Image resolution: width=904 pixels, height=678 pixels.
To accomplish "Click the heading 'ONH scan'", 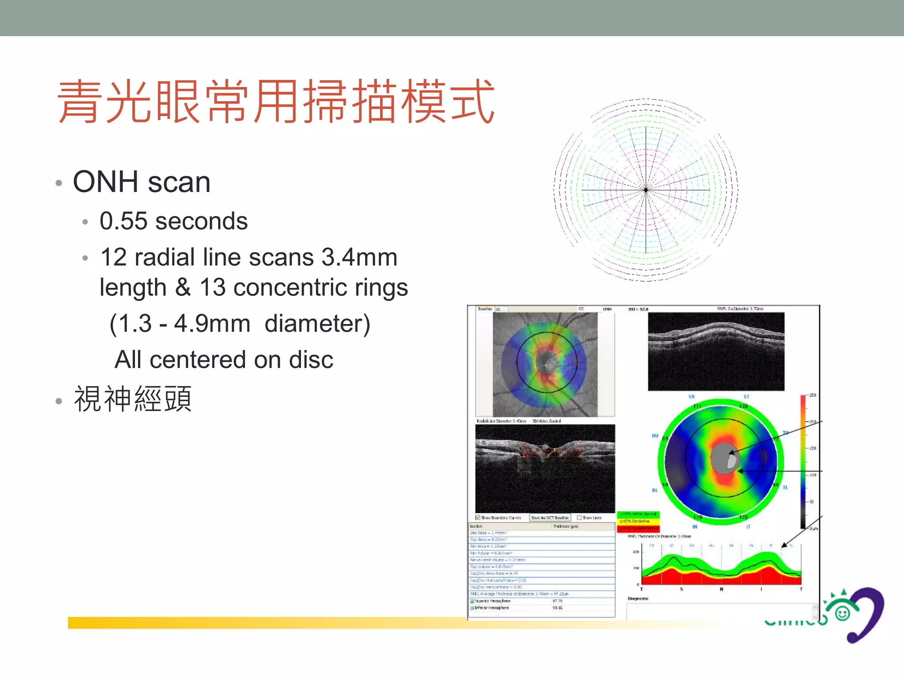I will pyautogui.click(x=141, y=182).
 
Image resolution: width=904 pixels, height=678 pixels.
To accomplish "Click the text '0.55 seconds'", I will pyautogui.click(x=173, y=221).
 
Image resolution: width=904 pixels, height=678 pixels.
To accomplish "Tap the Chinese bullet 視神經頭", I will pyautogui.click(x=133, y=399).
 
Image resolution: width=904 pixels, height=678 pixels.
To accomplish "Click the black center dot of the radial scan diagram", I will pyautogui.click(x=646, y=190).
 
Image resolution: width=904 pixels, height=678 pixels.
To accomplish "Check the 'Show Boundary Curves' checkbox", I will pyautogui.click(x=478, y=517).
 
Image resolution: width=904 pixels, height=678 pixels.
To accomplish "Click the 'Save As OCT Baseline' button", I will pyautogui.click(x=550, y=517).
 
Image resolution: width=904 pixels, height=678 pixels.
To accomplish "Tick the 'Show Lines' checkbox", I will pyautogui.click(x=580, y=517).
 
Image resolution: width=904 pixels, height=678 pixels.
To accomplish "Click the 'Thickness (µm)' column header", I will pyautogui.click(x=565, y=526).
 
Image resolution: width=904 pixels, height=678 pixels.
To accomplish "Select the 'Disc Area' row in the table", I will pyautogui.click(x=488, y=533).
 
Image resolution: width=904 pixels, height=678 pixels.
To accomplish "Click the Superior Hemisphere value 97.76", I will pyautogui.click(x=557, y=601).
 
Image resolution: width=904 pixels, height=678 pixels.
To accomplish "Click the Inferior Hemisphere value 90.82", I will pyautogui.click(x=557, y=608).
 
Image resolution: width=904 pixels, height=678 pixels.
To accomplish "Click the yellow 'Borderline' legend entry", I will pyautogui.click(x=638, y=521).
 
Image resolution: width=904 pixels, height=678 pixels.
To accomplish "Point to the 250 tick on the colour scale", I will pyautogui.click(x=812, y=395).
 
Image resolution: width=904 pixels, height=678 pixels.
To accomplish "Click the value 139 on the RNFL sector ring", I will pyautogui.click(x=744, y=406).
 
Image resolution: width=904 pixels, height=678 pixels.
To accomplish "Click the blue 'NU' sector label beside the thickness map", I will pyautogui.click(x=655, y=436).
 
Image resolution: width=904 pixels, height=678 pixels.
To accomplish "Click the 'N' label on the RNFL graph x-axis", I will pyautogui.click(x=721, y=589).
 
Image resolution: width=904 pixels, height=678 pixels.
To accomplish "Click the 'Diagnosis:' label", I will pyautogui.click(x=638, y=599).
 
